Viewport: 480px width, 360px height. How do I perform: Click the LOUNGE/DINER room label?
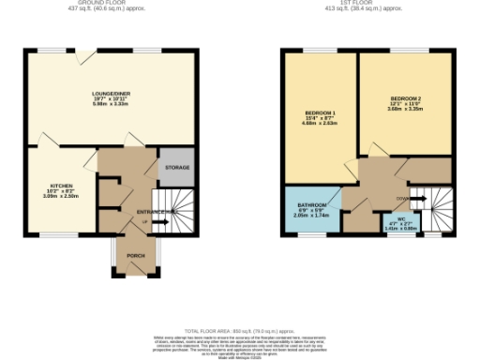click(111, 94)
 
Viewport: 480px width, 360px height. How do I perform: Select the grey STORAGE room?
click(176, 168)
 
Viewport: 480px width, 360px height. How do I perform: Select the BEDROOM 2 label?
click(406, 98)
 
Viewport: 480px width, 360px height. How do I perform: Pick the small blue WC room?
click(400, 222)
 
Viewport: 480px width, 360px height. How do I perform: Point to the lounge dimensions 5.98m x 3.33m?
click(111, 105)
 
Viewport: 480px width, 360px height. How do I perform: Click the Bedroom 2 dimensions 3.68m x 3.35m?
click(406, 110)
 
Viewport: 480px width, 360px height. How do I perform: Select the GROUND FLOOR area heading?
click(111, 4)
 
